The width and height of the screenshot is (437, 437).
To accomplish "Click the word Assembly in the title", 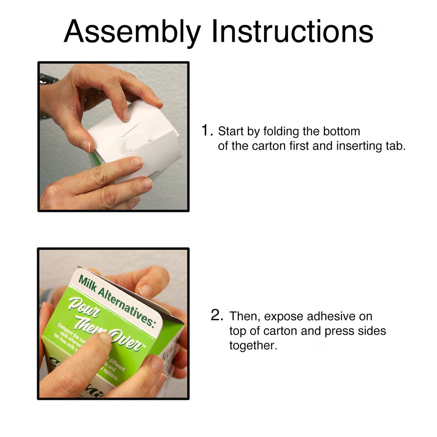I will [x=132, y=32].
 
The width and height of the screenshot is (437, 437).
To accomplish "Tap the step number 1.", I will [x=206, y=130].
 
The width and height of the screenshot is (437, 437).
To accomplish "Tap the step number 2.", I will [x=217, y=315].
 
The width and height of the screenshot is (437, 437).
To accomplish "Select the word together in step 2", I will [x=253, y=346].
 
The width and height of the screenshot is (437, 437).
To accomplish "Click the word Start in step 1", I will [x=231, y=131].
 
